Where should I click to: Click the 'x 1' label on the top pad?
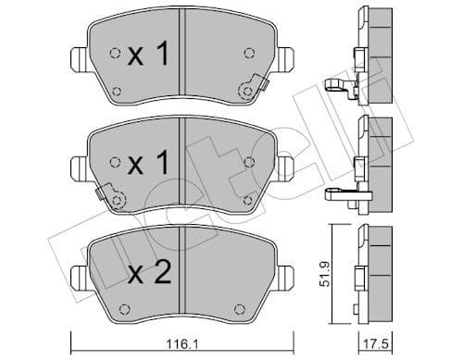(x=148, y=56)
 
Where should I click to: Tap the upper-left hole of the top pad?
(x=114, y=53)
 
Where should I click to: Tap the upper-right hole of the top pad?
(x=247, y=53)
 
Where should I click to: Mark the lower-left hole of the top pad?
(x=117, y=89)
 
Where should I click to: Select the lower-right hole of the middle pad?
(x=246, y=198)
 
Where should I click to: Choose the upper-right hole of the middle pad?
(x=248, y=162)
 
